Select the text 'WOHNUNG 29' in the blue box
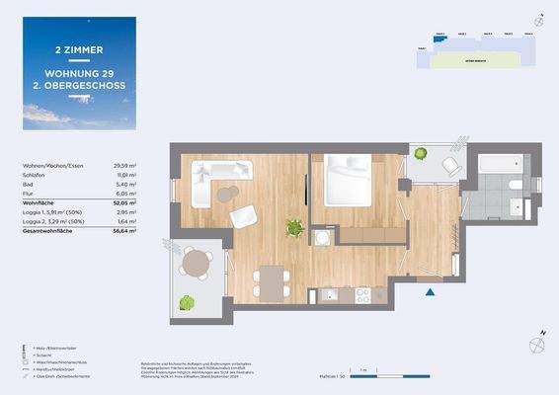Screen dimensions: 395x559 80,72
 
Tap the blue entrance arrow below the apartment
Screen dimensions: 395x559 429,291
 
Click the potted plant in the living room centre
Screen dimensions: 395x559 293,229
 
